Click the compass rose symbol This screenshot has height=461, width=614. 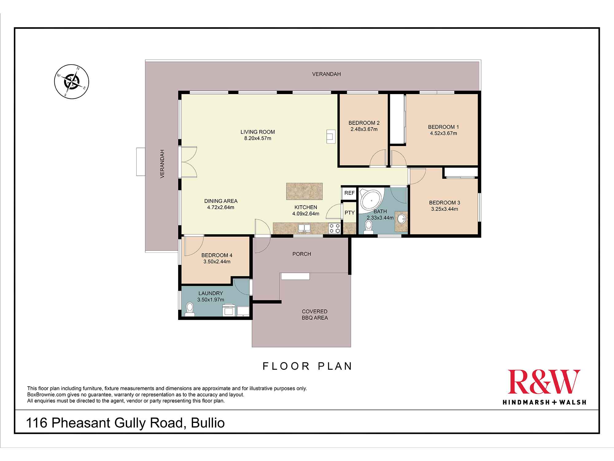click(x=72, y=82)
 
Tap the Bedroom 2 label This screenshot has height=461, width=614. click(x=364, y=123)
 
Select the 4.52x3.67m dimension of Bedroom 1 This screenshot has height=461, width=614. click(x=443, y=133)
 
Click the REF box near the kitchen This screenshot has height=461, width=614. click(x=349, y=193)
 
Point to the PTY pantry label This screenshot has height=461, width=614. click(x=349, y=213)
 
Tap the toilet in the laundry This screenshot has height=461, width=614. click(x=190, y=309)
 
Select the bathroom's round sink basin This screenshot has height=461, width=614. click(x=401, y=219)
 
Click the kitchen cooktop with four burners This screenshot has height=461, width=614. click(x=335, y=228)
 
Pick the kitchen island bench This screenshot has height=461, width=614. click(x=304, y=191)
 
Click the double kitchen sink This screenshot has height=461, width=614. click(x=304, y=228)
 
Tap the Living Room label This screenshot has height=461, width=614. click(x=258, y=132)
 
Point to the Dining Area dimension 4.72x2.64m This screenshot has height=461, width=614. click(x=220, y=207)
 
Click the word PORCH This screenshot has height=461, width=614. click(x=301, y=254)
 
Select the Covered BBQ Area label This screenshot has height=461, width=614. click(x=315, y=314)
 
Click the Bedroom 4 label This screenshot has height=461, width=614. click(x=217, y=255)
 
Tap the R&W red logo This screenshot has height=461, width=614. click(x=544, y=382)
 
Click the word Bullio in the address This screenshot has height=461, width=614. click(x=208, y=423)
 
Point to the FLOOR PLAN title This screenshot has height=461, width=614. click(x=307, y=366)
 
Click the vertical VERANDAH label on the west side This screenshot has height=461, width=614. click(x=162, y=164)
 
